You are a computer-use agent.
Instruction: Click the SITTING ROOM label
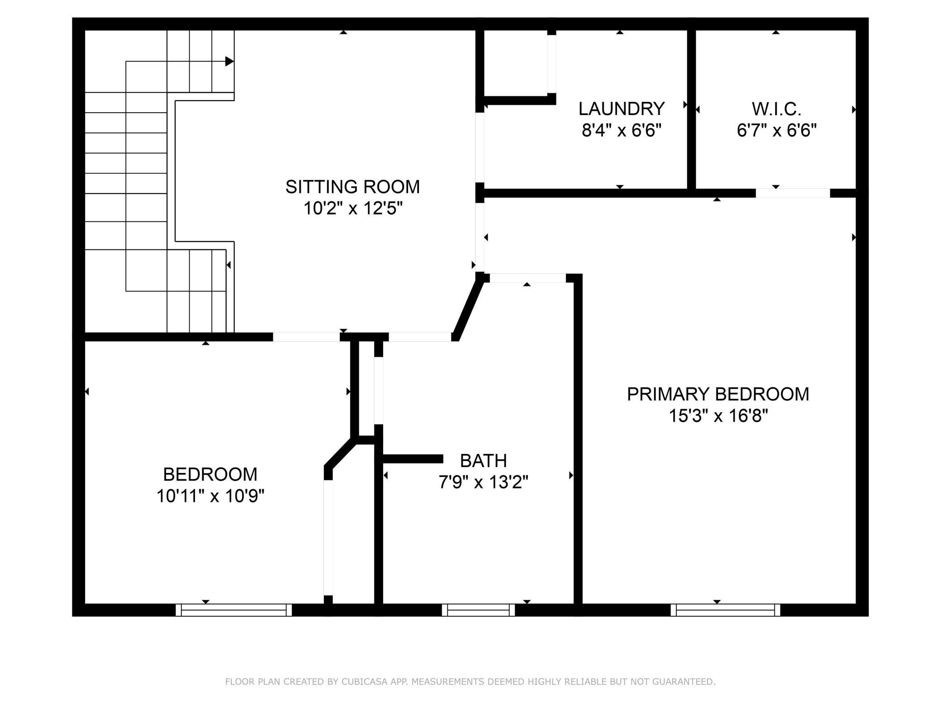tap(352, 187)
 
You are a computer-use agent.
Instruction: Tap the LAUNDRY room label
tap(621, 109)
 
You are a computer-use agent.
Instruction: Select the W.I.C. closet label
tap(776, 109)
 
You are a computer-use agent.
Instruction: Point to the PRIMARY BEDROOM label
tap(718, 394)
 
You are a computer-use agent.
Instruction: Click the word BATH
tap(483, 461)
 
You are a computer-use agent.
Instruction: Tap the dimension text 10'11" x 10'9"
tap(210, 496)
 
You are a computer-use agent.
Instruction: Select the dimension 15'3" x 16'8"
tap(718, 415)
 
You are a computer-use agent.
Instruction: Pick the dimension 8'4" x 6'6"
tap(621, 131)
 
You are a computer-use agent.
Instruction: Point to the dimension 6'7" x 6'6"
tap(776, 131)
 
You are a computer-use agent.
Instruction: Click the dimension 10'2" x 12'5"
tap(352, 209)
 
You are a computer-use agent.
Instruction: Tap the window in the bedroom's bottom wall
tap(233, 610)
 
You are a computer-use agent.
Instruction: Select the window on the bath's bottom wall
tap(478, 610)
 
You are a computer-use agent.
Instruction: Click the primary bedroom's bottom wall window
tap(725, 610)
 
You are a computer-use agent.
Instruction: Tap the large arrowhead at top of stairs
tap(229, 61)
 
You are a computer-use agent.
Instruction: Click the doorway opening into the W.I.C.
tap(793, 193)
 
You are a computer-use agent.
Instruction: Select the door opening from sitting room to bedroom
tap(306, 337)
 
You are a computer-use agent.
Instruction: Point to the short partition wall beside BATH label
tap(413, 459)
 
